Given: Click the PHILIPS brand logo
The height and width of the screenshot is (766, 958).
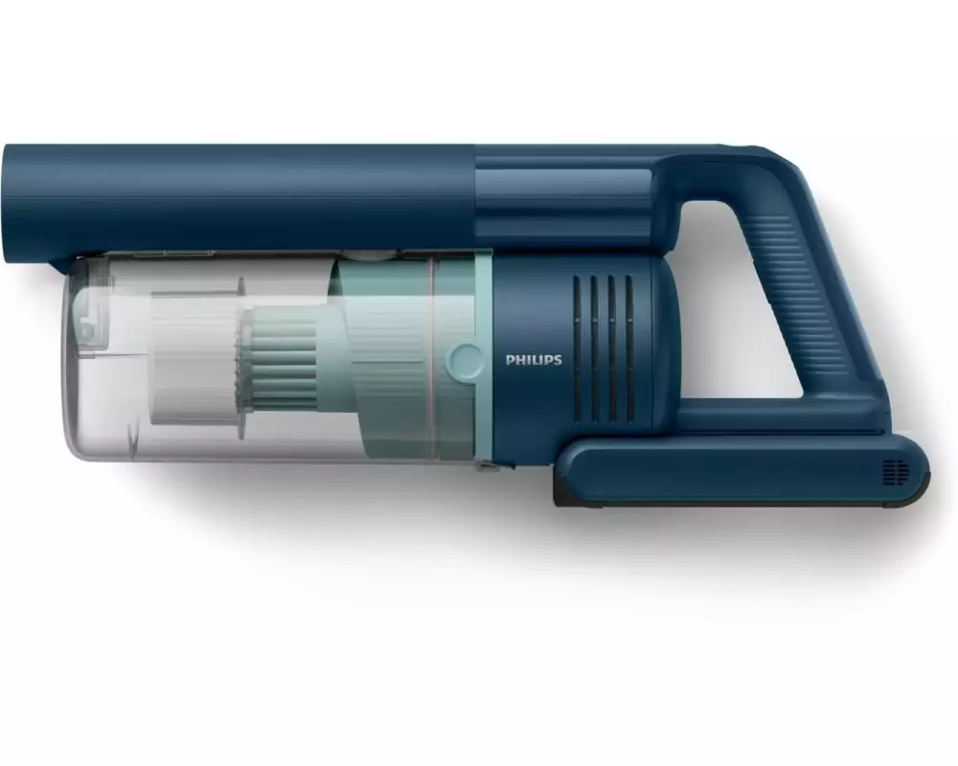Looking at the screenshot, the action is (534, 360).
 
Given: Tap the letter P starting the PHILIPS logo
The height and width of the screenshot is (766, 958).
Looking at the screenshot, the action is (510, 360).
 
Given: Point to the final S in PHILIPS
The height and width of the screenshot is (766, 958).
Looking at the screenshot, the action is (558, 360).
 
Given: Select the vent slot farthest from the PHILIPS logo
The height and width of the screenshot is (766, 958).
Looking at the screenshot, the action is (629, 349).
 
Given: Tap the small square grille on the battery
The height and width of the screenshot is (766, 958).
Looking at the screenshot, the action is (896, 472).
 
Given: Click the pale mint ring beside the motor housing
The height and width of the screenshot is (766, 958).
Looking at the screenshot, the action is (483, 357).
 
